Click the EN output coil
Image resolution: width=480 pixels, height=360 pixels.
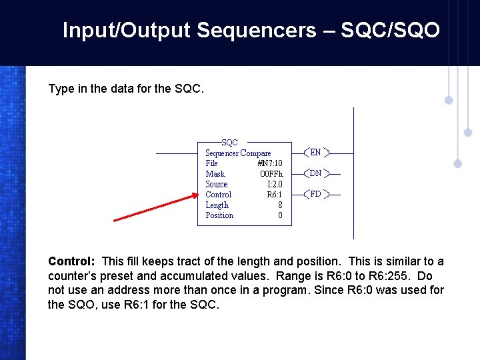point(316,153)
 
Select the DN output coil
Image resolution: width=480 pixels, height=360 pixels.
point(316,173)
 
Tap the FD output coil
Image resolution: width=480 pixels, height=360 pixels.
point(316,195)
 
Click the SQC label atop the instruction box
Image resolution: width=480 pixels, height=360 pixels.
point(229,143)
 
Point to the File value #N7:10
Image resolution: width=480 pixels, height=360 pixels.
point(270,163)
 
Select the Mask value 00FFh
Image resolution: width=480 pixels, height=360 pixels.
point(271,174)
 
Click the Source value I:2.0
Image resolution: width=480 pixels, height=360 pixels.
point(275,185)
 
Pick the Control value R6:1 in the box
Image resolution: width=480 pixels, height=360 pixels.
point(274,195)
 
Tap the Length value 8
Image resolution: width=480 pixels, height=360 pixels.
point(280,205)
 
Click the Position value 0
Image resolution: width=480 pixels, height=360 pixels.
point(280,215)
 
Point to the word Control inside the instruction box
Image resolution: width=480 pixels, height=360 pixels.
point(218,195)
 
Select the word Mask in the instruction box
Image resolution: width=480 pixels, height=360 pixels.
point(215,174)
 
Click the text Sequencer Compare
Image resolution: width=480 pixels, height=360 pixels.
point(238,153)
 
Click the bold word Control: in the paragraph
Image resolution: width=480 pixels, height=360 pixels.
point(73,261)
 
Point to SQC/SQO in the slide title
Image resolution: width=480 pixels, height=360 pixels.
point(390,31)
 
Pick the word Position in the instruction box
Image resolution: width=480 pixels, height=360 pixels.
point(219,215)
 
